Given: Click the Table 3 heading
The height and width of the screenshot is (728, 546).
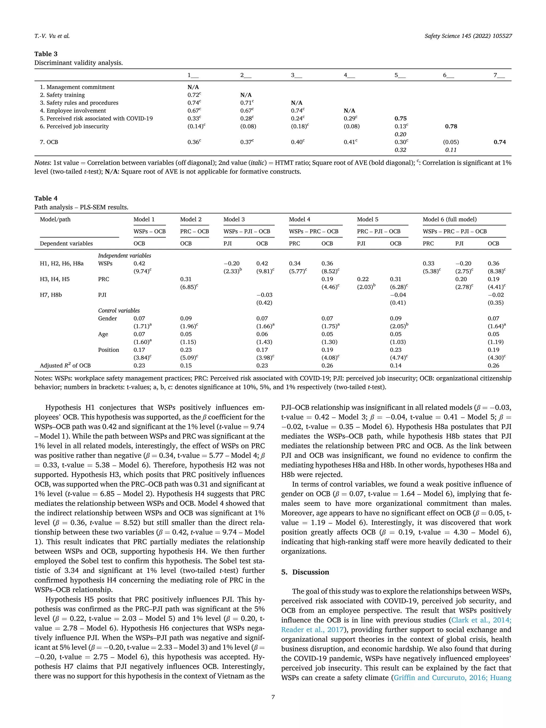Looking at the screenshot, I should tap(46, 54).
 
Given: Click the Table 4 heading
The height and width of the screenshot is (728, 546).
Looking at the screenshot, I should tap(46, 198).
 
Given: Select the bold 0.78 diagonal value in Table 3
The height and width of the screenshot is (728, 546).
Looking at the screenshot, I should tap(451, 126).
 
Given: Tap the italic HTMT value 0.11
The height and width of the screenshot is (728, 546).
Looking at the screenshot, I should tap(451, 150).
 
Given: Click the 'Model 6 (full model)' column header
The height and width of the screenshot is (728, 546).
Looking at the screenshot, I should tap(449, 219).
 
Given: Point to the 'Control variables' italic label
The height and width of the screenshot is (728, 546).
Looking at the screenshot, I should tap(119, 311).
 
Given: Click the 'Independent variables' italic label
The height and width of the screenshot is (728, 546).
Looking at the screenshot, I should tap(125, 256).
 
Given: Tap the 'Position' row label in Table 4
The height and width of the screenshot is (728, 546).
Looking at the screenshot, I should tap(108, 350).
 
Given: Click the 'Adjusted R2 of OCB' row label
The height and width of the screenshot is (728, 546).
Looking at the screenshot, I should tap(65, 366).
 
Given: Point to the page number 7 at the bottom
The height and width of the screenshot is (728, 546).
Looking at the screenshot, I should tap(273, 697).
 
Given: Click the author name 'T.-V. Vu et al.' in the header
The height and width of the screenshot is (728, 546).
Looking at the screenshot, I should tap(52, 36).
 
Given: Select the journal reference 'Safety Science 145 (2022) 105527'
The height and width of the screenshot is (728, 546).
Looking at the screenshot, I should tap(468, 36).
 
